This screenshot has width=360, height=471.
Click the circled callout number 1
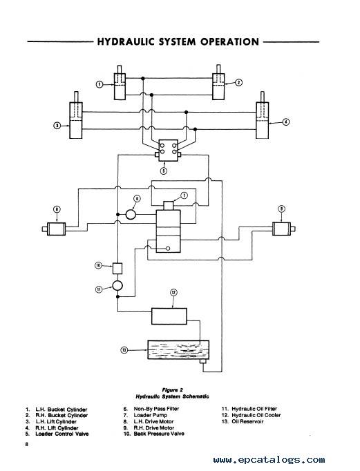click(x=100, y=84)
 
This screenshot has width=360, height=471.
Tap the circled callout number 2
click(x=238, y=82)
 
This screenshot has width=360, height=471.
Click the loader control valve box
click(x=168, y=150)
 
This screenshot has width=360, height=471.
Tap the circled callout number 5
click(x=164, y=171)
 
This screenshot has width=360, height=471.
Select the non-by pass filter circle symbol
click(x=131, y=215)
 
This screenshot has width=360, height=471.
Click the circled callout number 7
click(x=184, y=195)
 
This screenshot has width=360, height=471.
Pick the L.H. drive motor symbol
click(x=56, y=229)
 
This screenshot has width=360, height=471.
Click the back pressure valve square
click(x=117, y=268)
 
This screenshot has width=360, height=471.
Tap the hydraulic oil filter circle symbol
click(x=117, y=285)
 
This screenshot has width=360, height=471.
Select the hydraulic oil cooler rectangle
click(x=169, y=316)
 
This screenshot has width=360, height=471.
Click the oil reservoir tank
click(x=178, y=349)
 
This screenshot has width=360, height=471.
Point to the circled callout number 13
click(x=124, y=350)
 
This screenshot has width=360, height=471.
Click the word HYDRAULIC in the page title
click(x=126, y=41)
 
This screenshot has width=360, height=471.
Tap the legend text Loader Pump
click(x=151, y=415)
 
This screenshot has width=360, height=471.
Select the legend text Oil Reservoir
click(x=247, y=421)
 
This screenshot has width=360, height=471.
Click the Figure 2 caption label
click(x=173, y=390)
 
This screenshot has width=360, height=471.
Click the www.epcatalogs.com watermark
click(x=269, y=460)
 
